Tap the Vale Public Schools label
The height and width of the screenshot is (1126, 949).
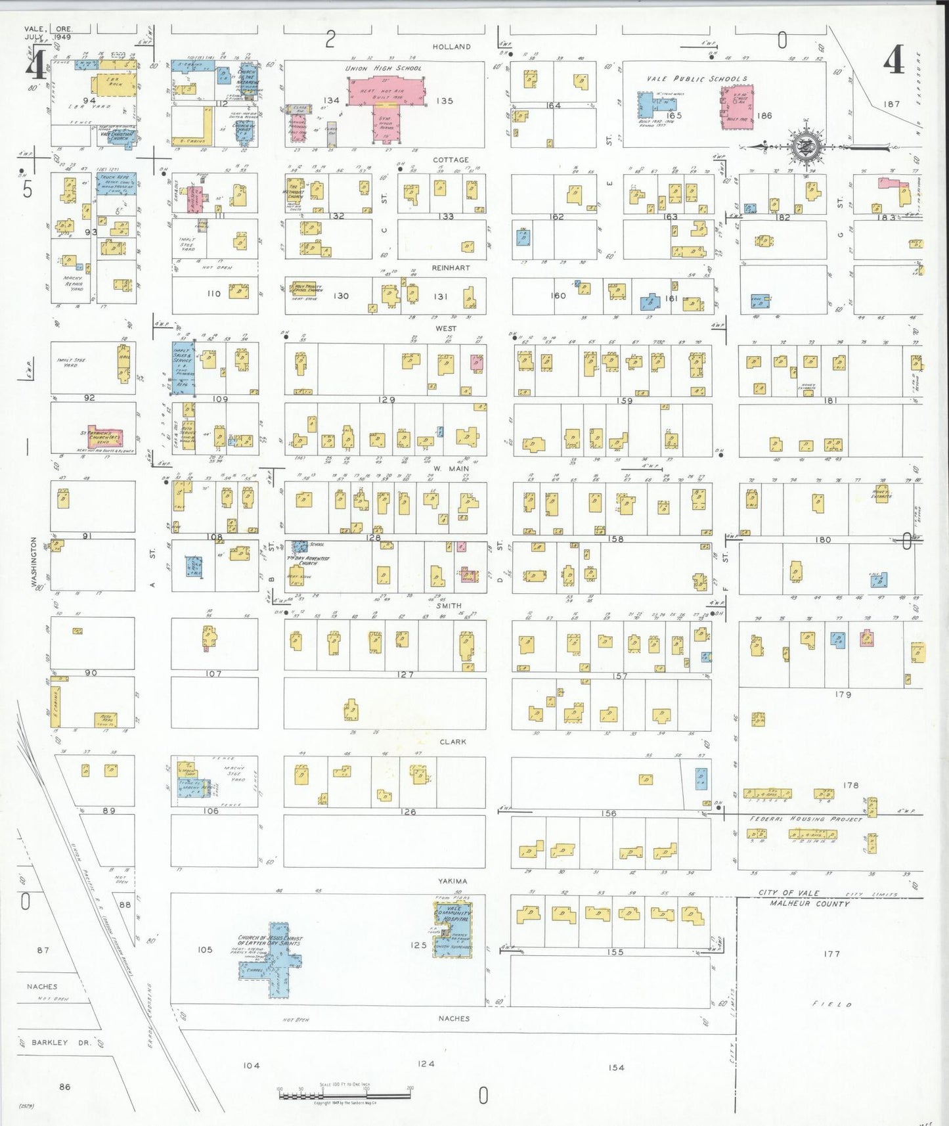point(696,79)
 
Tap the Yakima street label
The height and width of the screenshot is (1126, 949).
point(452,881)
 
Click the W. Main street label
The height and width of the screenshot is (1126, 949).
point(451,468)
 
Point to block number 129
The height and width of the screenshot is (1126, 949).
point(387,399)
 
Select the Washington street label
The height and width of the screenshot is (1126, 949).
point(34,562)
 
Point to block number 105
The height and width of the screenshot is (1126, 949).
point(205,949)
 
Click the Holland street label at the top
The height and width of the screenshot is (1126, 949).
point(451,47)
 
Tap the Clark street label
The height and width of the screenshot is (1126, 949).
point(452,742)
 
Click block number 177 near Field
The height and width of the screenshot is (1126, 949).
point(831,953)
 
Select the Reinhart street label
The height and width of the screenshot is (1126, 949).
point(451,268)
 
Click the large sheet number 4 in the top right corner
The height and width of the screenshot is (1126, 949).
point(893,61)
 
